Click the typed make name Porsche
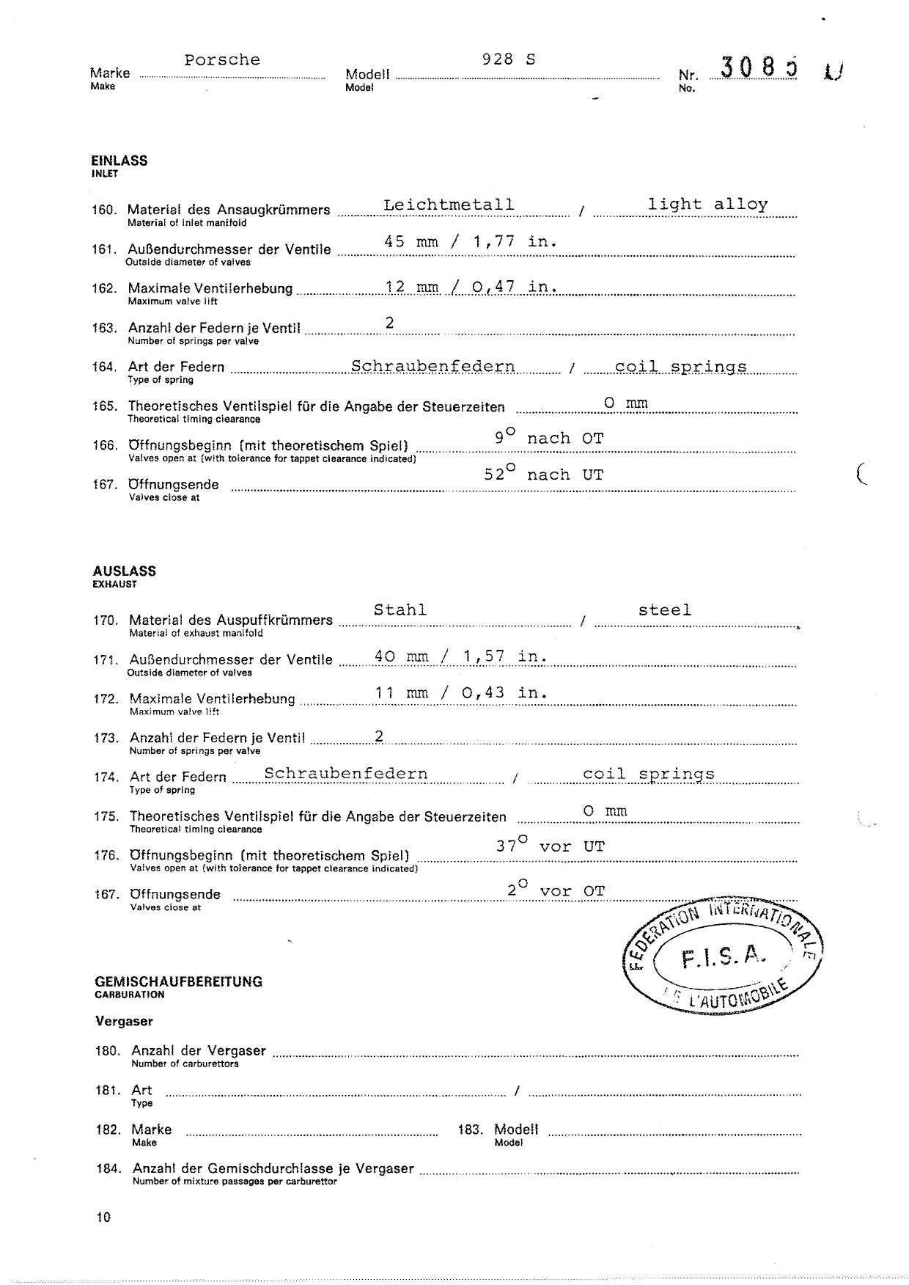[x=222, y=60]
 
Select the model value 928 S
[x=509, y=59]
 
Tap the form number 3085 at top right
[x=759, y=68]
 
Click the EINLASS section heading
[x=119, y=161]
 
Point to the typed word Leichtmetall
[x=449, y=205]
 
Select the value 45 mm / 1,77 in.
[x=471, y=241]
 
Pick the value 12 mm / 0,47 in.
[x=471, y=287]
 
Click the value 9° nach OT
[x=549, y=437]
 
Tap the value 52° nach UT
[x=543, y=474]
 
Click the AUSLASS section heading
[x=124, y=571]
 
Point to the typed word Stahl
[x=400, y=609]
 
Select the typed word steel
[x=665, y=609]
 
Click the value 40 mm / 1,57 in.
[x=461, y=656]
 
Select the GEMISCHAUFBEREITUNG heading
[x=178, y=981]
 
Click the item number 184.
[x=108, y=1168]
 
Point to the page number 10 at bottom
[x=103, y=1217]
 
